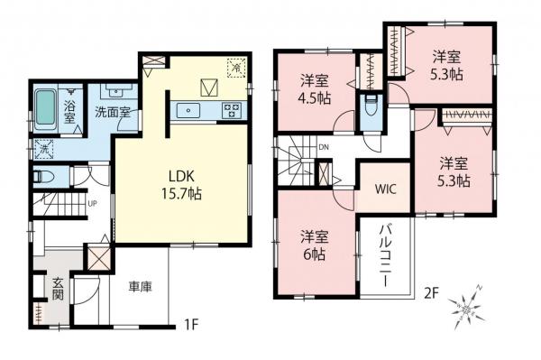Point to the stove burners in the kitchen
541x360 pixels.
pos(230,111)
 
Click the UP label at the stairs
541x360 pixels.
pos(92,203)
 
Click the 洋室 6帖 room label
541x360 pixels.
pos(313,245)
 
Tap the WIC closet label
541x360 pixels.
pos(387,190)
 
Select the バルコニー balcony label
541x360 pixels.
pos(383,254)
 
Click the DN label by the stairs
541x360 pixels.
pos(324,148)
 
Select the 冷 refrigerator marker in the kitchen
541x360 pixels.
pos(235,66)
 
